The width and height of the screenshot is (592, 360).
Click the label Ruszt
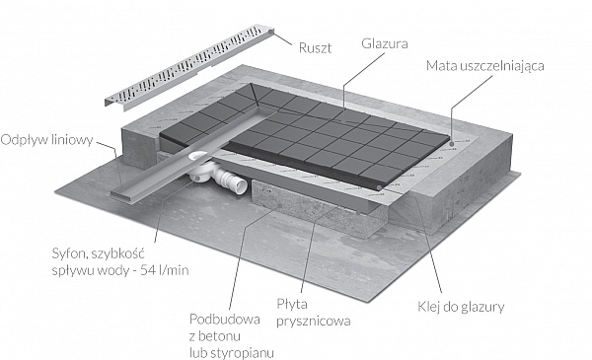tap(316, 48)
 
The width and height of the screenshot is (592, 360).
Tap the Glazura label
tap(385, 43)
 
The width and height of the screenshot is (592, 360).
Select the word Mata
tap(438, 66)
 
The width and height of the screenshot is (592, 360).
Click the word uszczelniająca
tap(498, 66)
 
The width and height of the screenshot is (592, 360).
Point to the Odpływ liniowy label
tap(46, 140)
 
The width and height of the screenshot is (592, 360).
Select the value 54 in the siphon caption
tap(148, 270)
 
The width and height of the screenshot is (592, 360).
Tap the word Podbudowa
tap(225, 320)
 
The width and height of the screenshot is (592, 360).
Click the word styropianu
tap(242, 353)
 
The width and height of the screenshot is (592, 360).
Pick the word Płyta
tap(292, 304)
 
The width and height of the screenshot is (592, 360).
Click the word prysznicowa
tap(314, 322)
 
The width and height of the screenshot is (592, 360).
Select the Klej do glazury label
tap(461, 307)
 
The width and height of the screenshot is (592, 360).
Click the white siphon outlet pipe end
tap(240, 185)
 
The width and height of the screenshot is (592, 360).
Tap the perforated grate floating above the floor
tap(188, 67)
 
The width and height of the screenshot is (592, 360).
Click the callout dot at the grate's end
tap(271, 34)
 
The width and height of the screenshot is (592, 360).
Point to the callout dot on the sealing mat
tap(451, 143)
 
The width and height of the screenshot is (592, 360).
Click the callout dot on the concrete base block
tap(280, 206)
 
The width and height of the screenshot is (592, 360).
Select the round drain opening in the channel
tap(198, 156)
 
